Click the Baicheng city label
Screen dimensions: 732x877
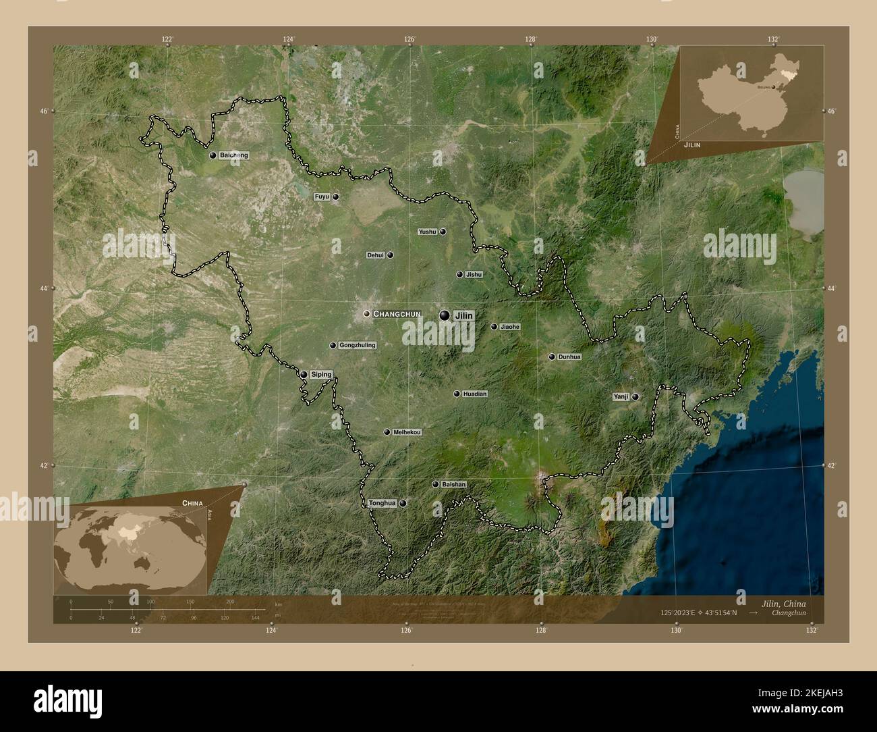[x=233, y=155]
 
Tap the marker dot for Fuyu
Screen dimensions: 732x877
[x=335, y=197]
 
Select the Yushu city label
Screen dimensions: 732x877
[x=428, y=232]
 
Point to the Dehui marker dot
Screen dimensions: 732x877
[x=390, y=255]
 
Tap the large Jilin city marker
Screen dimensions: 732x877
[x=445, y=315]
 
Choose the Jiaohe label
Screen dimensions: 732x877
[x=510, y=327]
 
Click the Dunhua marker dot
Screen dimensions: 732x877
[x=552, y=357]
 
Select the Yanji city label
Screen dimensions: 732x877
[x=621, y=397]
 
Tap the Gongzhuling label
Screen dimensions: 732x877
[x=357, y=346]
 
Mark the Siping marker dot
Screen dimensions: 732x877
[x=304, y=375]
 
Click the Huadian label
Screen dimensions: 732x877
[x=475, y=394]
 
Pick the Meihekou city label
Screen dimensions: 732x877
[x=407, y=432]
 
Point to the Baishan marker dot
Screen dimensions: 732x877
[x=436, y=484]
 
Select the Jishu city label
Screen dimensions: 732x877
[x=474, y=275]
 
